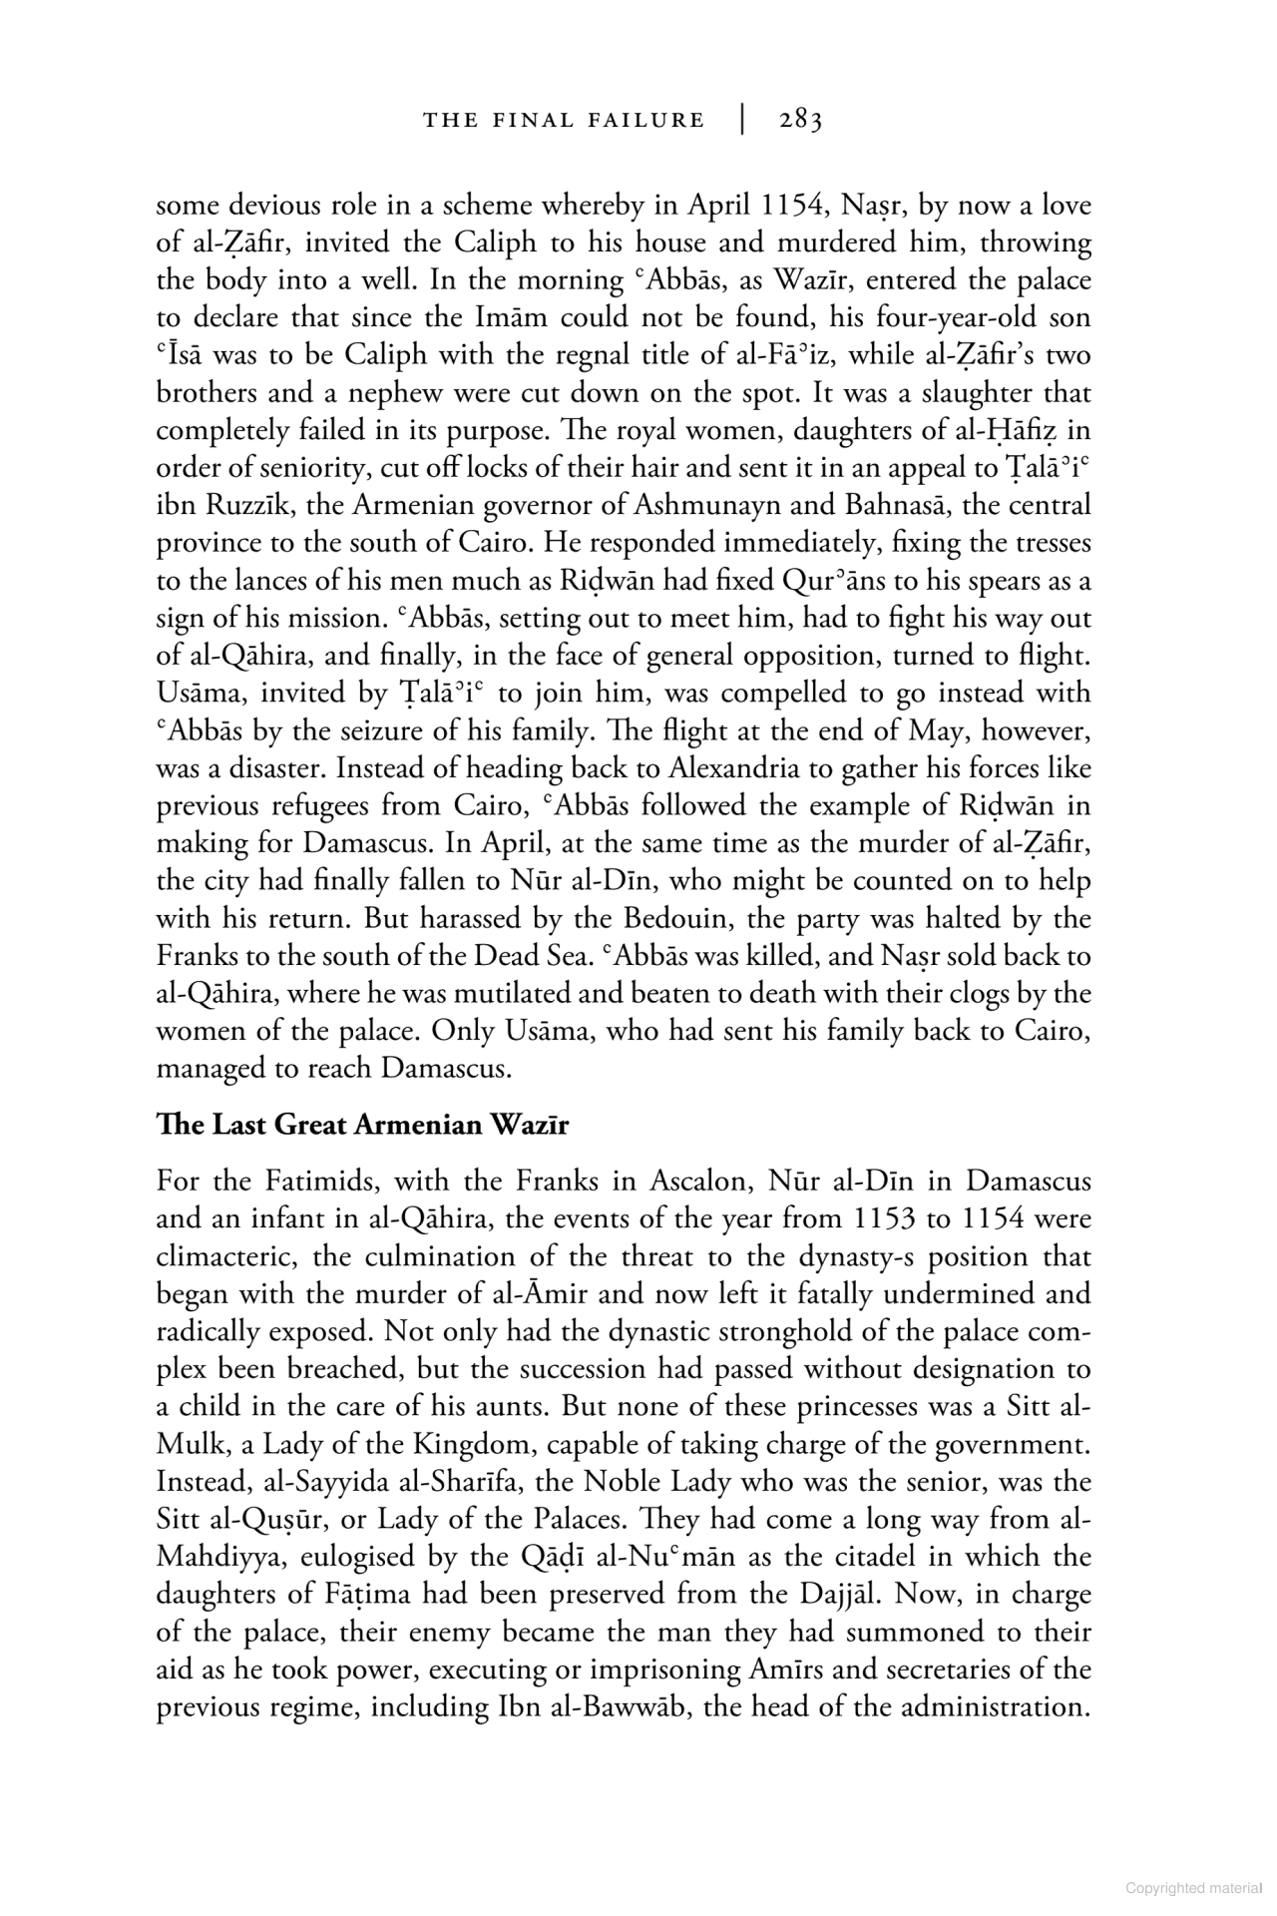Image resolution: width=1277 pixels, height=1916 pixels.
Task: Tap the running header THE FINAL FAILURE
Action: [564, 121]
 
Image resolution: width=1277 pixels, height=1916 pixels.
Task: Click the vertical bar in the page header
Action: [742, 120]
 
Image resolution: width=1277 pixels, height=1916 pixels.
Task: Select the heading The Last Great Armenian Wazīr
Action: [362, 1125]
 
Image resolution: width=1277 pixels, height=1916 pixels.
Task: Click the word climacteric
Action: [226, 1256]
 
